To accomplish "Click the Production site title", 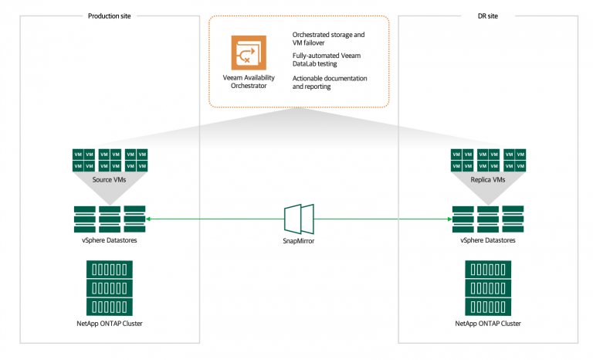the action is click(x=110, y=16).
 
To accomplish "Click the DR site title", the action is click(x=488, y=16).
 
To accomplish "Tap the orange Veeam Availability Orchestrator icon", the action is click(x=249, y=53).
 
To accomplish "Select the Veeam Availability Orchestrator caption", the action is click(x=249, y=82).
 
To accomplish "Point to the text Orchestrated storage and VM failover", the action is click(x=328, y=39).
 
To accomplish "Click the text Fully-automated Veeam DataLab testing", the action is click(x=327, y=59).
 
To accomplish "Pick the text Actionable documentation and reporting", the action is click(x=330, y=82).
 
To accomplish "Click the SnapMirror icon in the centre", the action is click(x=299, y=219).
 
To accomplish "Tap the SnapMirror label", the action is click(x=298, y=241).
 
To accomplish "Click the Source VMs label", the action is click(x=110, y=179).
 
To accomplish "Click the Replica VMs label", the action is click(x=488, y=179).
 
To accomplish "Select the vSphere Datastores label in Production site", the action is click(x=110, y=240).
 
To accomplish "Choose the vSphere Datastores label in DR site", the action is click(x=488, y=240).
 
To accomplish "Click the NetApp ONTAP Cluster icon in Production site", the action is click(x=110, y=288).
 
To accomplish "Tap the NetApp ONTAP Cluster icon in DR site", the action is click(x=488, y=288).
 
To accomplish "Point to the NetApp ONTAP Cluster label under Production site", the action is click(x=110, y=323).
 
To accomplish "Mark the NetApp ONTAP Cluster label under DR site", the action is click(x=488, y=323).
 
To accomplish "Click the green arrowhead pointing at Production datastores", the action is click(x=148, y=219).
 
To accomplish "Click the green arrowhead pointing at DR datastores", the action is click(x=449, y=219).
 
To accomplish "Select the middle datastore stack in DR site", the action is click(x=488, y=219).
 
